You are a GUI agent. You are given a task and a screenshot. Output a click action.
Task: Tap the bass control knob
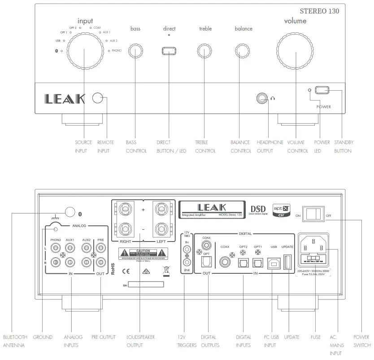135,51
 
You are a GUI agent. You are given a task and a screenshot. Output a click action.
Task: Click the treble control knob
205,51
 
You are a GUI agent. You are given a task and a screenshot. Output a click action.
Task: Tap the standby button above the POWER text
322,90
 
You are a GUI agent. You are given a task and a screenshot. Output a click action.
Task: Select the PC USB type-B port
273,263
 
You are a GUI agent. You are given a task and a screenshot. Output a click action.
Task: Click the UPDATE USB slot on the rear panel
287,262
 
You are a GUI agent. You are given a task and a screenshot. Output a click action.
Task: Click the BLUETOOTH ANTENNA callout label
15,341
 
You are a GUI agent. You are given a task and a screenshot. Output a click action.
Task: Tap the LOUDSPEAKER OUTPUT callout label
140,341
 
